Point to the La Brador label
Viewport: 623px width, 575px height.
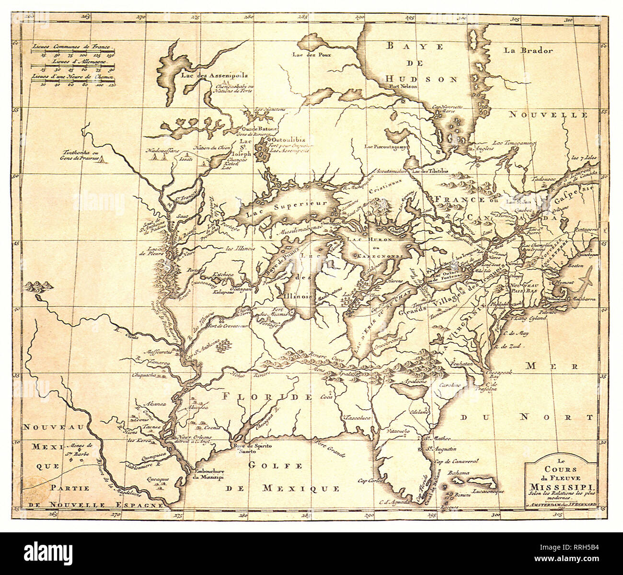pyautogui.click(x=529, y=50)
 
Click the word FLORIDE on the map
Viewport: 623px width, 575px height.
pyautogui.click(x=266, y=397)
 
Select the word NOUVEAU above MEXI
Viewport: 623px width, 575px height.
pyautogui.click(x=49, y=426)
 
